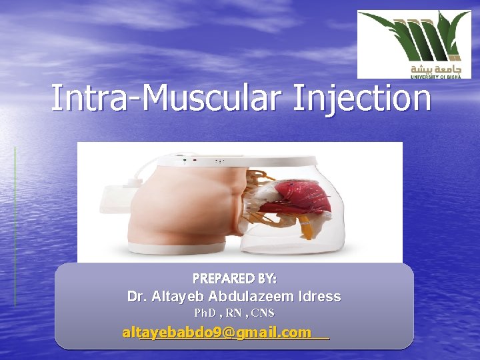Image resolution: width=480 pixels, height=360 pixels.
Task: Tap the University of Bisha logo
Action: pyautogui.click(x=413, y=44)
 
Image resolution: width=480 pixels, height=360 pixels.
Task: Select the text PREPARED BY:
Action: pyautogui.click(x=235, y=278)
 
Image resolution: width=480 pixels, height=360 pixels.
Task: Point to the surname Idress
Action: pyautogui.click(x=318, y=297)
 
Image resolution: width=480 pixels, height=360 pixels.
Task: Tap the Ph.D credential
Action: pyautogui.click(x=205, y=313)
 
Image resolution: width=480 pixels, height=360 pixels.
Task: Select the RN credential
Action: pyautogui.click(x=234, y=313)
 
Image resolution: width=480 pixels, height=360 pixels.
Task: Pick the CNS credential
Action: pyautogui.click(x=263, y=313)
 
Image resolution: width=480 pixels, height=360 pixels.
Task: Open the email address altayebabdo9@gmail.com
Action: pyautogui.click(x=217, y=332)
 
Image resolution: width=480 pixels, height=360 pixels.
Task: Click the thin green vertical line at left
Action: pyautogui.click(x=15, y=227)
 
